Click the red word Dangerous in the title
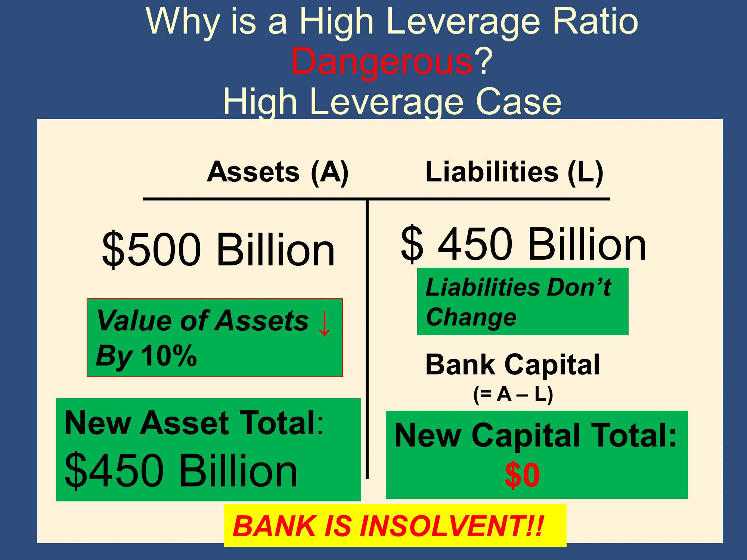(382, 62)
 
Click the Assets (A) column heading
(278, 172)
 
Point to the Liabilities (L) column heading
(514, 172)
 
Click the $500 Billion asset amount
(218, 249)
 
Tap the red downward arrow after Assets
(325, 323)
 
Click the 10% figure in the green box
(169, 356)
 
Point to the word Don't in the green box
(579, 287)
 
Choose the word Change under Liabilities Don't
(471, 318)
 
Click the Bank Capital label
(512, 364)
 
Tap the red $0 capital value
(522, 475)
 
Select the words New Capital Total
(536, 435)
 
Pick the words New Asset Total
(194, 423)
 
